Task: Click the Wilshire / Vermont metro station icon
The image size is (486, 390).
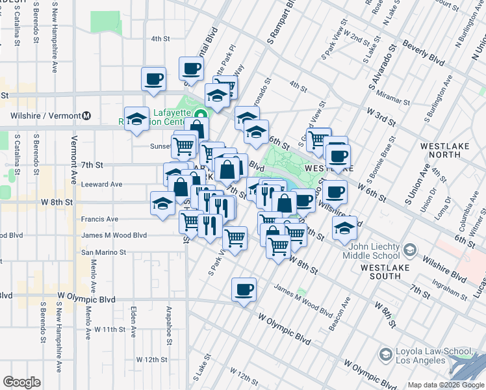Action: click(x=86, y=116)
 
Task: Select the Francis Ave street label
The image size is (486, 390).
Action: click(x=99, y=219)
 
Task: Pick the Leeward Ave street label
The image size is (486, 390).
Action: click(x=101, y=184)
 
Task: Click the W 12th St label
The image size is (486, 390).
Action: click(x=152, y=359)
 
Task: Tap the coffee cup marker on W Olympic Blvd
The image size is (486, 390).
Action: click(x=244, y=289)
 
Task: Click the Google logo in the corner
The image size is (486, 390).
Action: click(x=21, y=382)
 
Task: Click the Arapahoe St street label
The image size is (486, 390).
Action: click(x=169, y=322)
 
